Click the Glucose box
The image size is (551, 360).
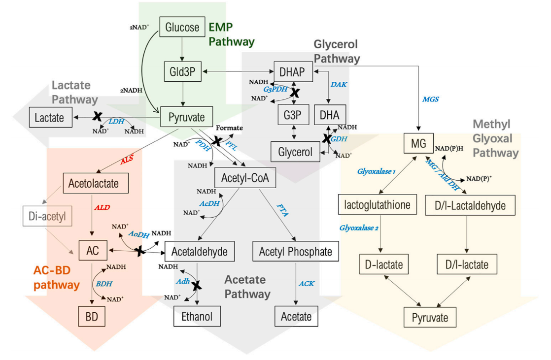point(182,27)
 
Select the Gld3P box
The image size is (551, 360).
point(182,72)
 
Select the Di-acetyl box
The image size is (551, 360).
point(47,215)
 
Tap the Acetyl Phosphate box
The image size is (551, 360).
point(296,252)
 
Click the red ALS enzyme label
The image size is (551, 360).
point(128,160)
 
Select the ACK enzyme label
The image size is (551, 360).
point(306,284)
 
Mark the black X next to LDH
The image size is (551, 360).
point(98,116)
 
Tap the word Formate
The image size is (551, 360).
point(229,128)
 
